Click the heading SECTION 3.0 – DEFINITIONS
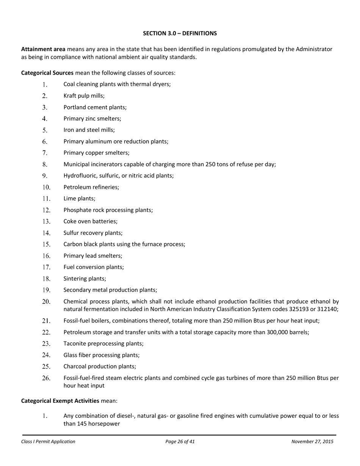click(x=180, y=33)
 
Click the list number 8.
click(x=45, y=164)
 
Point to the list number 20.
click(x=46, y=302)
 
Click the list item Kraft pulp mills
click(x=84, y=96)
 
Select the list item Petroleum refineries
click(x=91, y=187)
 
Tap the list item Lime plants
click(x=80, y=199)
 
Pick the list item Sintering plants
click(x=85, y=278)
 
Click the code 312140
click(x=327, y=309)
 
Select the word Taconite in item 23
click(x=75, y=344)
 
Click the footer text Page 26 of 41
click(x=180, y=441)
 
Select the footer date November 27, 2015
click(x=312, y=441)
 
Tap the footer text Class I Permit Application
click(x=48, y=441)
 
